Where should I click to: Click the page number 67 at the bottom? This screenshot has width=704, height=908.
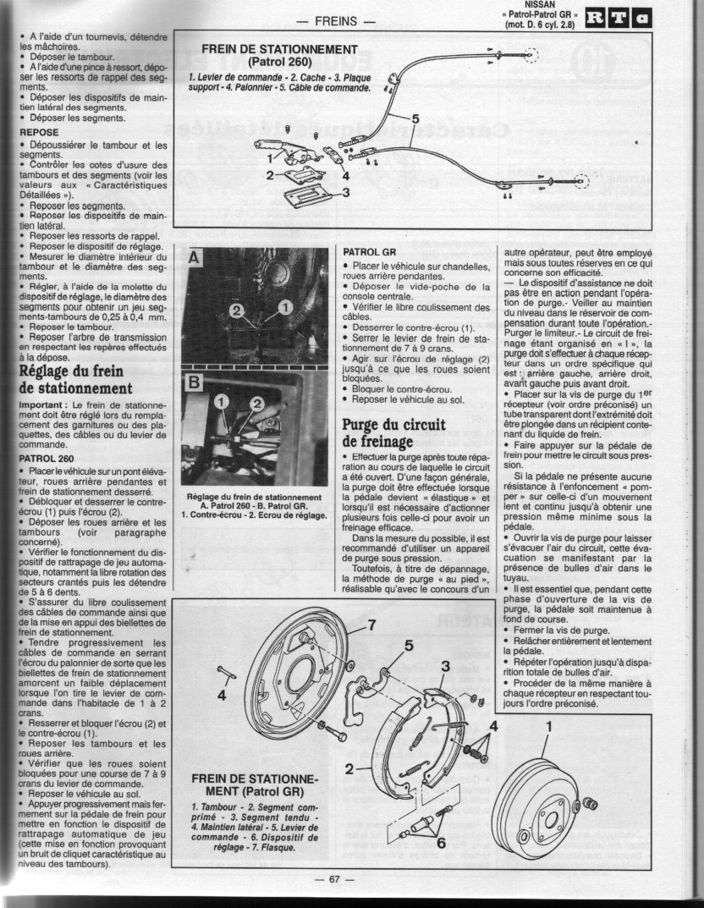coord(334,879)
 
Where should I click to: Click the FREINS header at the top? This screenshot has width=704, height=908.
coord(336,21)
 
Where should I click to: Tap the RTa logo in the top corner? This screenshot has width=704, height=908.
coord(618,19)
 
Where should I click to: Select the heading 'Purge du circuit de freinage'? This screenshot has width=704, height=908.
coord(394,433)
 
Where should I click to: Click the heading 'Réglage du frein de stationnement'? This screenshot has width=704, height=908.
coord(76,379)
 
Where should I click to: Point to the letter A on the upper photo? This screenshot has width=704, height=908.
coord(194,258)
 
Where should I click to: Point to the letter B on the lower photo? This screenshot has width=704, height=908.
coord(195,382)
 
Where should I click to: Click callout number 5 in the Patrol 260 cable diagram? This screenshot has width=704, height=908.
coord(415,118)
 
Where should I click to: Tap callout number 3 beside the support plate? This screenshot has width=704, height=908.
coord(346,194)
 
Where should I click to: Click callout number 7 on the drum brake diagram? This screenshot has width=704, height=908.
coord(372,625)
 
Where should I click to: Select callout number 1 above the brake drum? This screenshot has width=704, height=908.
coord(549,725)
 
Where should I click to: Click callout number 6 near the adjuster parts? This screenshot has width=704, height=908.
coord(441,843)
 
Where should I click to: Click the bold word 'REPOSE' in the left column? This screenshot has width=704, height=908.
coord(39,132)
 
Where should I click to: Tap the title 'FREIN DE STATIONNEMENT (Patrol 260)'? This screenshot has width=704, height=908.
coord(279,56)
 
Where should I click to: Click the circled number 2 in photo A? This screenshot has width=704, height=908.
coord(237,311)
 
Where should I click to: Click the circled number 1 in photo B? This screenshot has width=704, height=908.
coord(223,401)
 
